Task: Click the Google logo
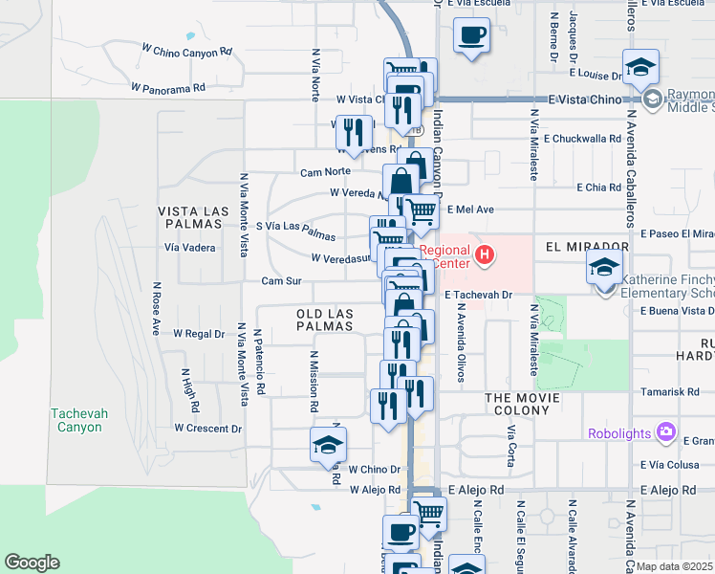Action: [x=32, y=563]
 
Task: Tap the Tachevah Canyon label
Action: [x=76, y=420]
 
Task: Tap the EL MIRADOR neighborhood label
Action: [x=587, y=247]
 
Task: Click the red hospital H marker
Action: [x=486, y=254]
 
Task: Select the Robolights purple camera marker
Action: [x=667, y=432]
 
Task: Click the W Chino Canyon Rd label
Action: [x=186, y=50]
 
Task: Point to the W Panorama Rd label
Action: [x=167, y=87]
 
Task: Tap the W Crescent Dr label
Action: [x=207, y=429]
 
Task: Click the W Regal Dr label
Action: [x=198, y=334]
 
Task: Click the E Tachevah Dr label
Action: [x=479, y=295]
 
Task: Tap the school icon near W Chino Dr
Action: [x=328, y=445]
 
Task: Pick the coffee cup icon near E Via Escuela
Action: [x=472, y=37]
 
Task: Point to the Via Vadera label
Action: [x=190, y=247]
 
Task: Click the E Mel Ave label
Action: [x=469, y=209]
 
